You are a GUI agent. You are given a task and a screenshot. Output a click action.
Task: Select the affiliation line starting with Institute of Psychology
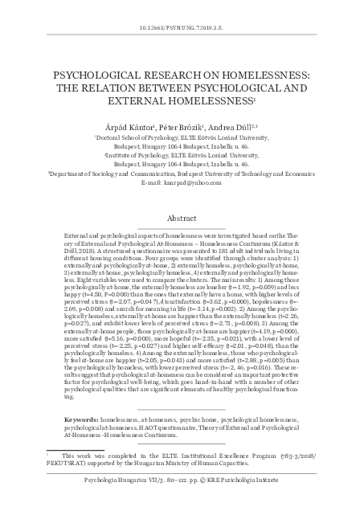pyautogui.click(x=182, y=160)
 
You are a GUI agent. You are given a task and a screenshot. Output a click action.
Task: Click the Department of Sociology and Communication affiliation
pyautogui.click(x=180, y=172)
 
